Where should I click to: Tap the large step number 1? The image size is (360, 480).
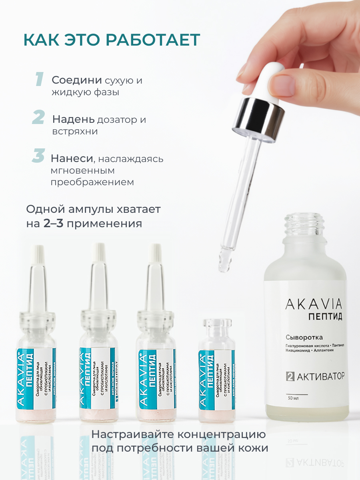click(x=39, y=79)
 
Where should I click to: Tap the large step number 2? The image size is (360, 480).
click(x=38, y=118)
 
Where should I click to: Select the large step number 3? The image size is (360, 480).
click(x=38, y=156)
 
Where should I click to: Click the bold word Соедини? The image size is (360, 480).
click(x=77, y=80)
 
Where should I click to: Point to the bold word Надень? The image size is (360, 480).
click(x=74, y=119)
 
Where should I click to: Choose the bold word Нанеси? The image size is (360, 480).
click(x=72, y=158)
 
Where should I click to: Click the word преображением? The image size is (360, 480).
click(x=92, y=182)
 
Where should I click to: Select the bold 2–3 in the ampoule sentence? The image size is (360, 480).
click(x=53, y=223)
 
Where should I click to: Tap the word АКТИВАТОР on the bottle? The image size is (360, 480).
click(x=320, y=376)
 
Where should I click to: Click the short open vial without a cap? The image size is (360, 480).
click(x=216, y=372)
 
